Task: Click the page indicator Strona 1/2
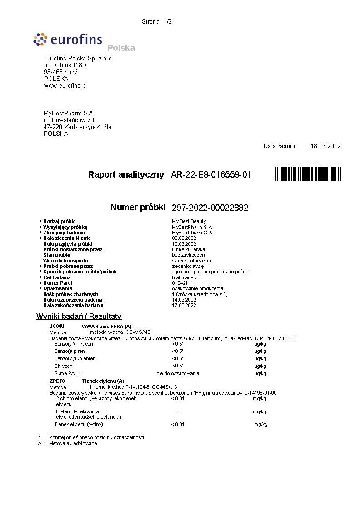(x=157, y=21)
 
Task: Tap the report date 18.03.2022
(x=325, y=146)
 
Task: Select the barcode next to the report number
(x=307, y=174)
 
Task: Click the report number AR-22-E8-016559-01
(x=210, y=175)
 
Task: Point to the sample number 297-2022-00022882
(x=210, y=208)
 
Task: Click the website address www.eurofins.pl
(x=65, y=85)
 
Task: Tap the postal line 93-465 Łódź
(x=60, y=72)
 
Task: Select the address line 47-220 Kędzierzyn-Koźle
(x=77, y=127)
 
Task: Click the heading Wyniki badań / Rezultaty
(x=79, y=317)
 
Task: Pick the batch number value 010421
(x=180, y=283)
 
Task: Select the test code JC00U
(x=57, y=326)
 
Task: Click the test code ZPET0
(x=57, y=381)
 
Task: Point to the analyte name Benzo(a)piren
(x=70, y=351)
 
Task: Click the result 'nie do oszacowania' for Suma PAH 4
(x=178, y=373)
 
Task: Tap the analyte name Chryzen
(x=63, y=366)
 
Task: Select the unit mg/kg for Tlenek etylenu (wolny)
(x=261, y=424)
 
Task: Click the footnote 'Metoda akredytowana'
(x=73, y=443)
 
